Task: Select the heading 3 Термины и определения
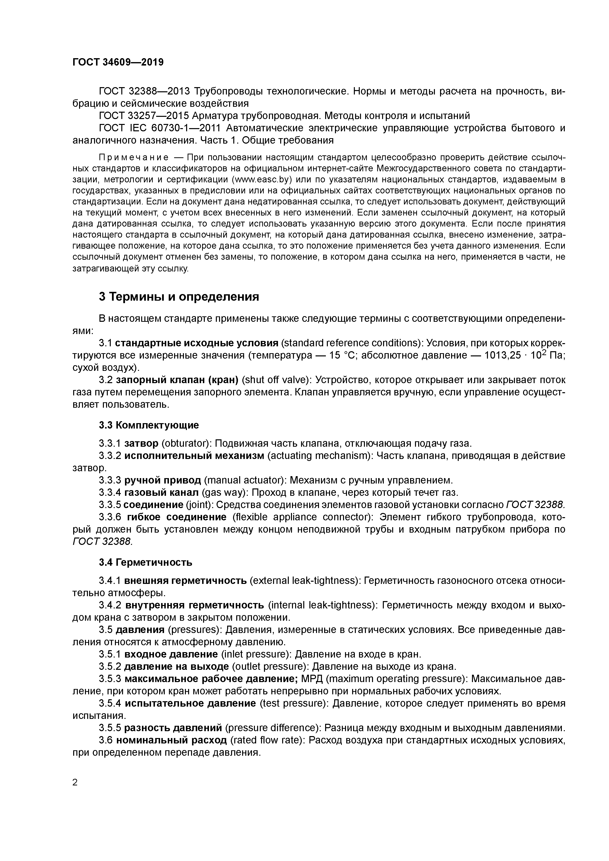(x=179, y=297)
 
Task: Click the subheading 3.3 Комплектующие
(x=149, y=425)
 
